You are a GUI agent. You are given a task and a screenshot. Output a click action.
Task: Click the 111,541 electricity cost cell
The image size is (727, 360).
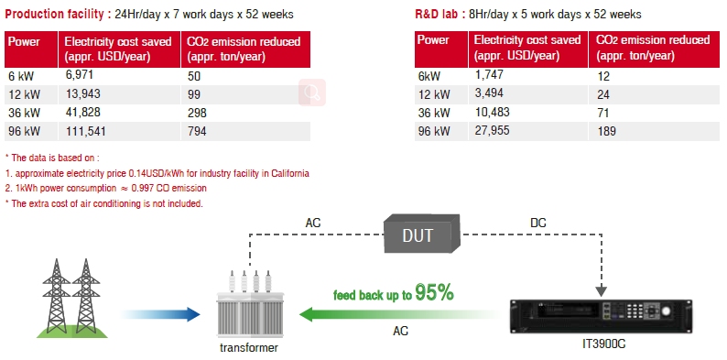click(85, 131)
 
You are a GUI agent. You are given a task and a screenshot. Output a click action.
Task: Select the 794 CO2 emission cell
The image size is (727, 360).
click(197, 132)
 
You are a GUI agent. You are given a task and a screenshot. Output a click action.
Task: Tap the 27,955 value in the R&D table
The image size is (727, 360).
click(492, 130)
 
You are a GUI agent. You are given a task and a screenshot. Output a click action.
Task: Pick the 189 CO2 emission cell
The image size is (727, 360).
click(607, 131)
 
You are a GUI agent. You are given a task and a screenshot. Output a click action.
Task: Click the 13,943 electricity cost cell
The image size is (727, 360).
click(82, 94)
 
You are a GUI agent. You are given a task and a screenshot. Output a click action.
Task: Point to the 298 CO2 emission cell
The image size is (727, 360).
click(197, 113)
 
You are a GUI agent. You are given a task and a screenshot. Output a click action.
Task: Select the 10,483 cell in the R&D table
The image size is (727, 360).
click(492, 112)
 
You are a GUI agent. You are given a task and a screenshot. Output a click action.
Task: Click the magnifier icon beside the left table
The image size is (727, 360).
click(312, 93)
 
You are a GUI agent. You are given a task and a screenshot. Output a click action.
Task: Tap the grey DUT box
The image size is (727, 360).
click(422, 234)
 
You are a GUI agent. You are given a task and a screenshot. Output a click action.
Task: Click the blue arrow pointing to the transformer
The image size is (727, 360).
click(160, 314)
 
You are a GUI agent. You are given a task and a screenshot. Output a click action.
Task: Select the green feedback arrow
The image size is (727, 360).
click(398, 314)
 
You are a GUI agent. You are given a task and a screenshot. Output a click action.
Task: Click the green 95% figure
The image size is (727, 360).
click(433, 293)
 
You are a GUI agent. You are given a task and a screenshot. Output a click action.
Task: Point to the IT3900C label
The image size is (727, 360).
click(603, 344)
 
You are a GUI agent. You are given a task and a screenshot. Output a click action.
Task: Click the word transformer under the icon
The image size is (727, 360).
click(249, 347)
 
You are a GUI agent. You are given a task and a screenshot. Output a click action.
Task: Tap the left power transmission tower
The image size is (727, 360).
click(57, 296)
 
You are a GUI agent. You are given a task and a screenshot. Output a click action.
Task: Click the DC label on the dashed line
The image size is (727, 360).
click(538, 224)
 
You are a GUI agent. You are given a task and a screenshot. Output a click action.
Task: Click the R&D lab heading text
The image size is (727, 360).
click(438, 15)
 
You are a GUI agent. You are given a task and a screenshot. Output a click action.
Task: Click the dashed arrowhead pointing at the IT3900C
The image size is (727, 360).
click(601, 291)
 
